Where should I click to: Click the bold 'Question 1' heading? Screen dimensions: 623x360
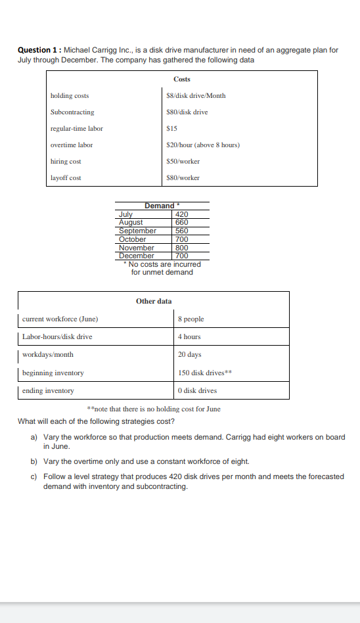click(37, 50)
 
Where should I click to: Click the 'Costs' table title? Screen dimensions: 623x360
click(182, 79)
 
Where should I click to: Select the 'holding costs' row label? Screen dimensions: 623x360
click(70, 96)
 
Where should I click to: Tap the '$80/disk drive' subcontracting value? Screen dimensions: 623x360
click(187, 112)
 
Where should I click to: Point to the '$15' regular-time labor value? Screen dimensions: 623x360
click(173, 129)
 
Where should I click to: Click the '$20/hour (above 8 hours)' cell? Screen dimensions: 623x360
click(203, 145)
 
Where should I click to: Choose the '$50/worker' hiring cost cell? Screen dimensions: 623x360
click(183, 162)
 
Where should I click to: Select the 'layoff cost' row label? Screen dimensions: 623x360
click(66, 178)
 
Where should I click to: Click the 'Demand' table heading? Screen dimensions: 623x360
click(160, 206)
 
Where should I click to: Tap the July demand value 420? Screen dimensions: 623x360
click(182, 214)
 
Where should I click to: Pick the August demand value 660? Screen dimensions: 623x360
click(182, 222)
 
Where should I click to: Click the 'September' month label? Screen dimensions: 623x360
click(137, 231)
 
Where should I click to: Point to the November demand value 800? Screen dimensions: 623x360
click(182, 248)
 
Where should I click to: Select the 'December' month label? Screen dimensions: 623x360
click(136, 256)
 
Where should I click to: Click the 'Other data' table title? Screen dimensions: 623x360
click(154, 301)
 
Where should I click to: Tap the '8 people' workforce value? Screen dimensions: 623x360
click(191, 319)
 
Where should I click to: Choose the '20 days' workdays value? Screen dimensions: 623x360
click(189, 355)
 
